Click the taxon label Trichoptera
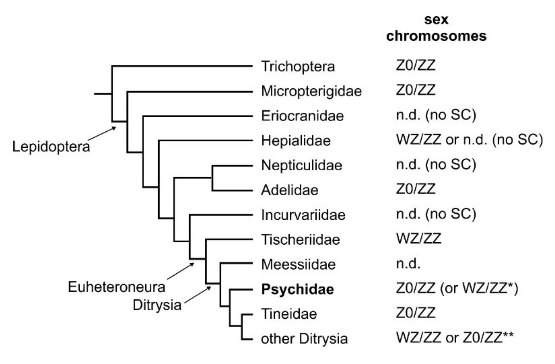pos(298,66)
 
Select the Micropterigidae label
pos(311,91)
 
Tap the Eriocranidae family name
pos(302,116)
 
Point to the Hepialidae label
pos(296,141)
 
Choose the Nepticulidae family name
pos(302,165)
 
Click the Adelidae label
pos(290,190)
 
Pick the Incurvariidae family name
pos(303,215)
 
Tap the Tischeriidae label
pos(300,240)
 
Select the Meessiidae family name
pos(298,264)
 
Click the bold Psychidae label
pos(298,289)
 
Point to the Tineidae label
pos(289,314)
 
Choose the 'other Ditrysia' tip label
pos(304,339)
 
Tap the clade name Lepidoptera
pos(51,146)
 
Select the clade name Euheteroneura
pos(117,287)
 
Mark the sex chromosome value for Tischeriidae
pos(419,238)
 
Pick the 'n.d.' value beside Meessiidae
pos(408,263)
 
